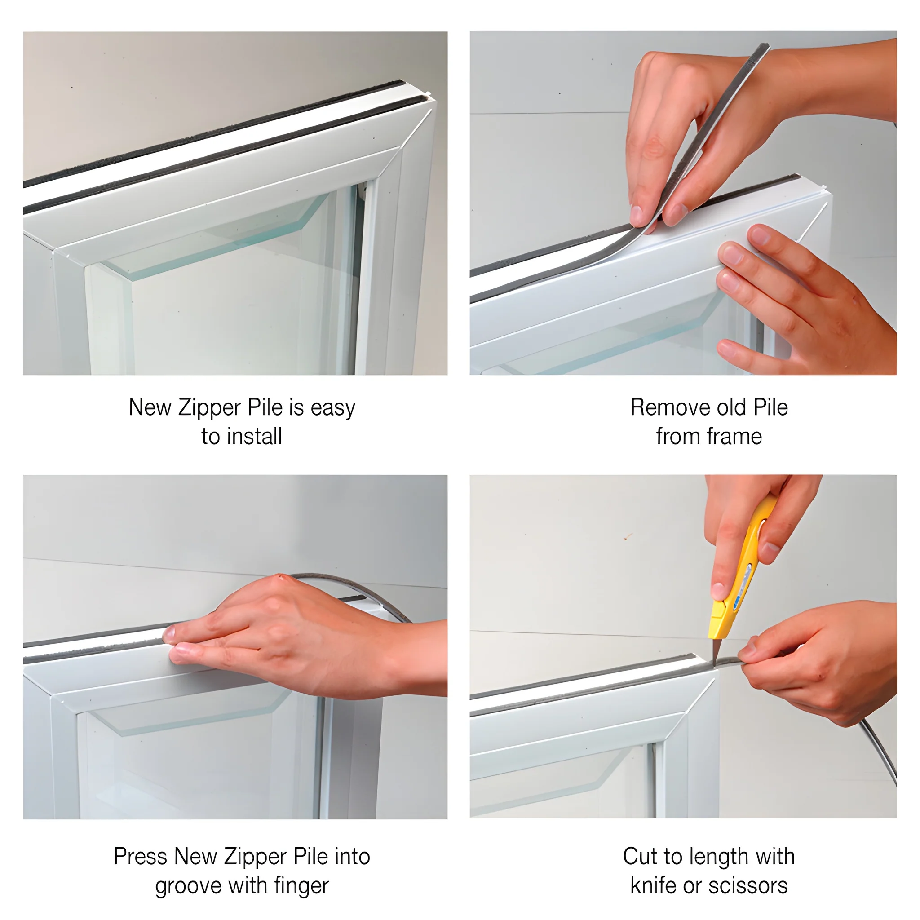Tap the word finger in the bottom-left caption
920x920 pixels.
coord(301,886)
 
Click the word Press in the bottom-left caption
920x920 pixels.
coord(141,857)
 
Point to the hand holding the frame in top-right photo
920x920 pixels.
coord(800,295)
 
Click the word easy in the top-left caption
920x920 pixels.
coord(333,407)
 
